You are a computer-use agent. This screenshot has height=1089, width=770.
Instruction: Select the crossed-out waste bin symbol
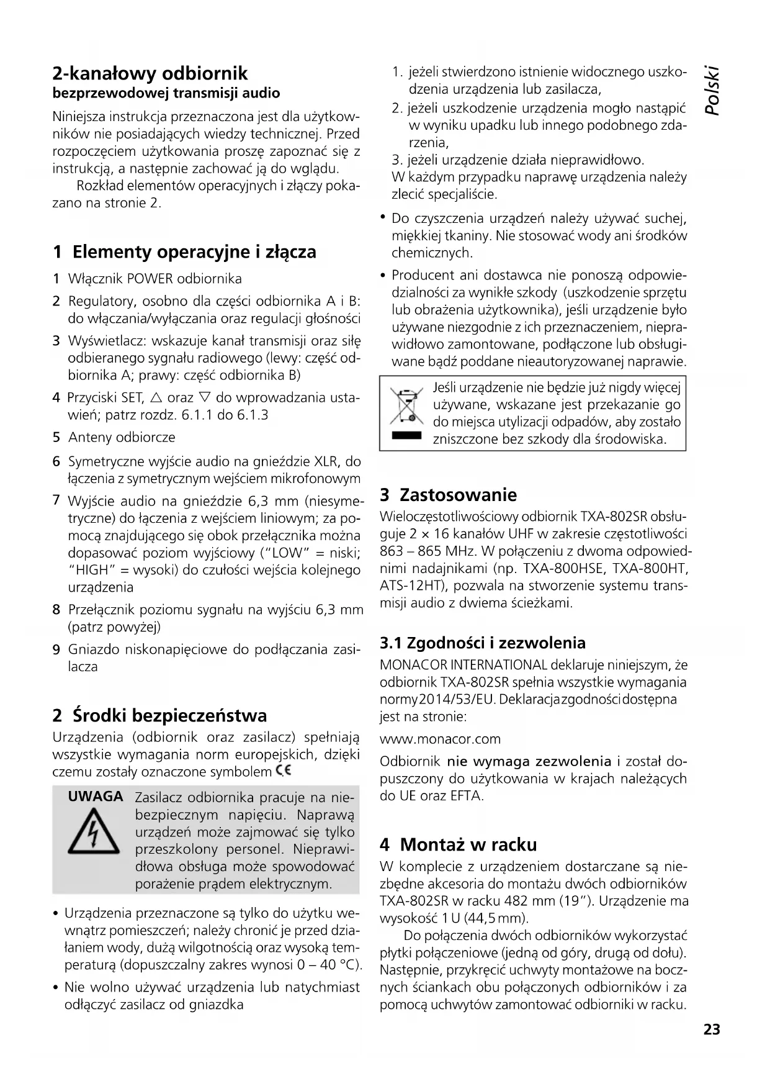(406, 406)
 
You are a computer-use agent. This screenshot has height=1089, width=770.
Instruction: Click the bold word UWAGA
(96, 797)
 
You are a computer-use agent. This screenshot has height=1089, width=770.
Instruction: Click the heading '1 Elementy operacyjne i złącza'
(184, 252)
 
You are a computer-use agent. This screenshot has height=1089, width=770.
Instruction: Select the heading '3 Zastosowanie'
(448, 495)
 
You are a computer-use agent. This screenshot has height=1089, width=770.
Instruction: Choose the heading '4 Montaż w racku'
(458, 844)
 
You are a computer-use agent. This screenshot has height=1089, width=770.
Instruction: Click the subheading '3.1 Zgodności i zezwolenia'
(482, 643)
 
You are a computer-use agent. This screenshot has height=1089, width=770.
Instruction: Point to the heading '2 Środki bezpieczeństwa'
(159, 715)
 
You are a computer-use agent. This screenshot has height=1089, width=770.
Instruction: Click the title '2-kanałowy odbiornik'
(150, 73)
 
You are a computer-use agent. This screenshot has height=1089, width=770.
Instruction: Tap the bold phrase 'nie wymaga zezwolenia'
(529, 761)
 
